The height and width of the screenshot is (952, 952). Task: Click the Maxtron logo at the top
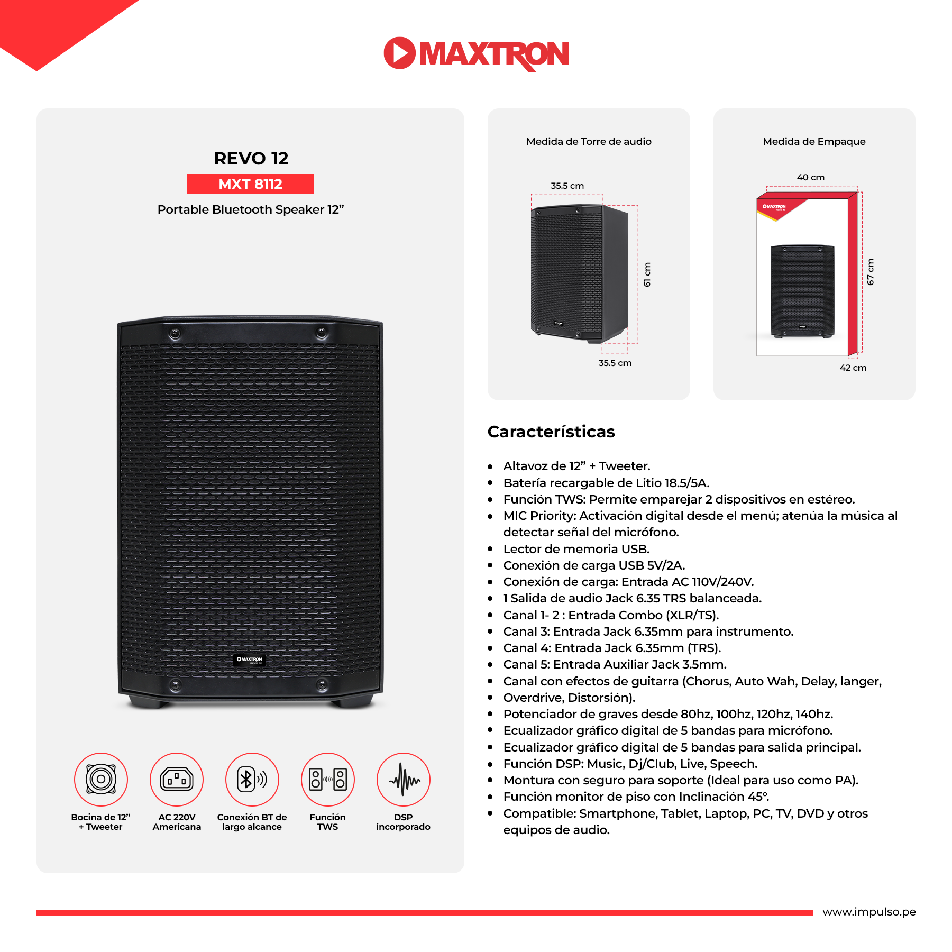[x=476, y=53]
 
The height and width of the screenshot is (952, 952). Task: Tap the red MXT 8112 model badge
[x=251, y=184]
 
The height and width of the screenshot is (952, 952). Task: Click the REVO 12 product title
[x=251, y=158]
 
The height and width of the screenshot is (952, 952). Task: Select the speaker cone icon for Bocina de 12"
[x=101, y=779]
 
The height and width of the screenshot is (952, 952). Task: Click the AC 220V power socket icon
[x=177, y=779]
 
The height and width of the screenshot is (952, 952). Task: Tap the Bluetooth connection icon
[x=252, y=779]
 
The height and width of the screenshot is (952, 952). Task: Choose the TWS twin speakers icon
[x=328, y=779]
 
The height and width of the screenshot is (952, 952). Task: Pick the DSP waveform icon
[x=404, y=779]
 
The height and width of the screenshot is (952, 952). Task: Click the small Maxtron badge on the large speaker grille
[x=250, y=660]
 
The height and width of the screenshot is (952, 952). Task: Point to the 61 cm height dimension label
[x=647, y=275]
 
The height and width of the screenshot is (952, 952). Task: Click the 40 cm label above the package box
[x=811, y=177]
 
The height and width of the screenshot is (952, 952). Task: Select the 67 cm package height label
[x=871, y=272]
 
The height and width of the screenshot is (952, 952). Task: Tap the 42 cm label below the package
[x=853, y=368]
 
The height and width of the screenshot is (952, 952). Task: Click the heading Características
[x=551, y=432]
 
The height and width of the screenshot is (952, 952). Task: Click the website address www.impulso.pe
[x=869, y=912]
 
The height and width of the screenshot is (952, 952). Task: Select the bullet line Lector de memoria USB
[x=576, y=549]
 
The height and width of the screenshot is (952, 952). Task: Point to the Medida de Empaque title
[x=814, y=141]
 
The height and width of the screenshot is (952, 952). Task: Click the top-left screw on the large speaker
[x=175, y=333]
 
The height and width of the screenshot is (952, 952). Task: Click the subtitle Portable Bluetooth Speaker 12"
[x=251, y=209]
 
